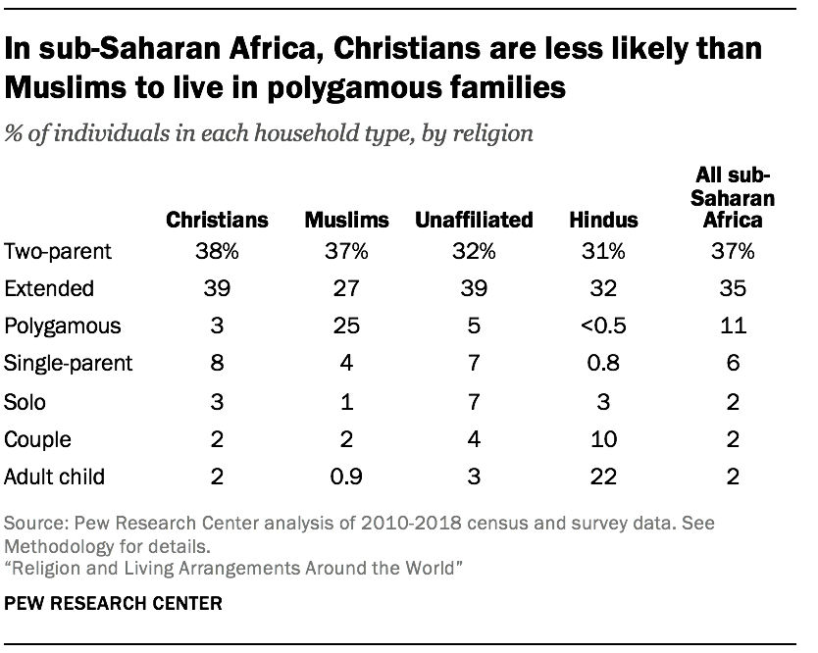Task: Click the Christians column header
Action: point(217,220)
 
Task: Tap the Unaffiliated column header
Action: point(475,220)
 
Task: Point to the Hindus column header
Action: point(603,220)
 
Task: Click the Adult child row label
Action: point(55,477)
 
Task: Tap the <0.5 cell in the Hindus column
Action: point(603,326)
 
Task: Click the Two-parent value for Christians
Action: point(217,252)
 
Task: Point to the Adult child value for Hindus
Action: point(603,477)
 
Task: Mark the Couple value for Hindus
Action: point(603,440)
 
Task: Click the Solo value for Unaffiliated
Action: point(475,402)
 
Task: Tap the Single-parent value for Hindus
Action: point(603,364)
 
